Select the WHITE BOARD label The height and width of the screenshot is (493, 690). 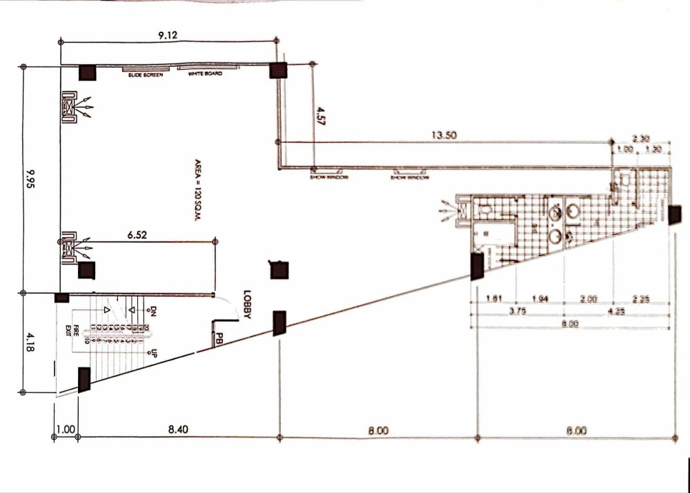point(205,74)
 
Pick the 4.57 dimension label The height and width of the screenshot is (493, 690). point(319,115)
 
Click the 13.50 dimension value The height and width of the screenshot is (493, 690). point(445,135)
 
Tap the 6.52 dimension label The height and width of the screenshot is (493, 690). point(137,235)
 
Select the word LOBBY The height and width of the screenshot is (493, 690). point(246,304)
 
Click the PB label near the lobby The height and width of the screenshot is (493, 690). point(219,340)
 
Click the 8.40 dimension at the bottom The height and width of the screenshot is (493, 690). point(178,429)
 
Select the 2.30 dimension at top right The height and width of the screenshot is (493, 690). point(641,138)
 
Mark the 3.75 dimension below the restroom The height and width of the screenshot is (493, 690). point(517,311)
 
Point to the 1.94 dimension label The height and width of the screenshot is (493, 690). point(540,299)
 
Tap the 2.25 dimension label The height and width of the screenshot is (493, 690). point(640,299)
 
